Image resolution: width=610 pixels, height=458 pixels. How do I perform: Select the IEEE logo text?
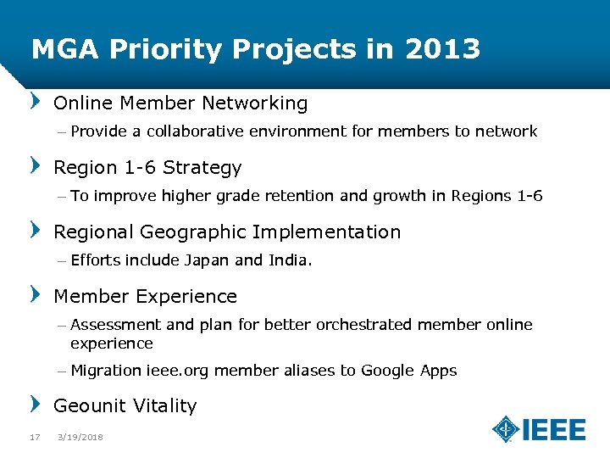click(554, 429)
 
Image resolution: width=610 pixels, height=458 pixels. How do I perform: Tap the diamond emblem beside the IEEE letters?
click(507, 429)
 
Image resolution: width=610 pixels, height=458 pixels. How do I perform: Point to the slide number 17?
click(35, 437)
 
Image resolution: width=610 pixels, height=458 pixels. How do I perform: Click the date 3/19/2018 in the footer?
click(80, 437)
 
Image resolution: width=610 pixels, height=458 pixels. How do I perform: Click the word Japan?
click(208, 260)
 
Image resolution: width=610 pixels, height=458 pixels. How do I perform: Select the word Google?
click(387, 371)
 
